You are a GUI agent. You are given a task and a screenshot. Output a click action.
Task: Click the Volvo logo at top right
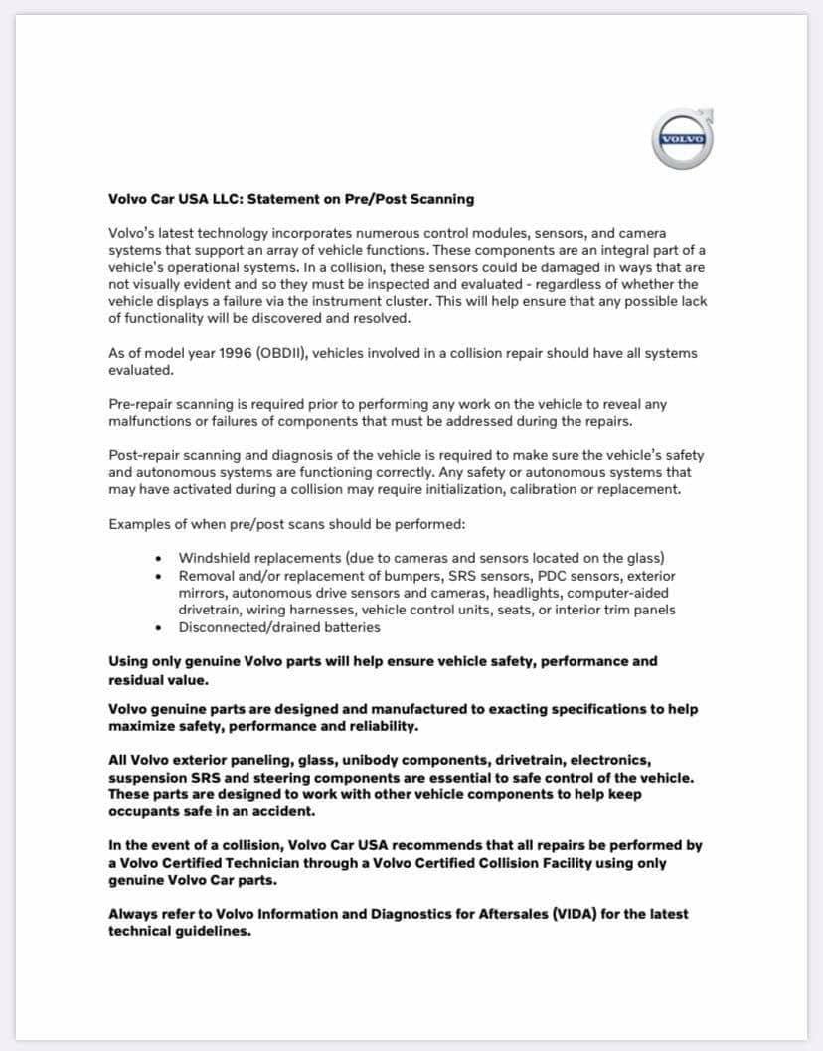[683, 139]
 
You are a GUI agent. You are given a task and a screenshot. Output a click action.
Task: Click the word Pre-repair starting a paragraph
[145, 404]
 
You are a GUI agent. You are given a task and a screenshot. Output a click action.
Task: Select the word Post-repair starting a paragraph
[148, 455]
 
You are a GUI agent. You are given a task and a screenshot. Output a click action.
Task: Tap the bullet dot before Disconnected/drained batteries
[160, 628]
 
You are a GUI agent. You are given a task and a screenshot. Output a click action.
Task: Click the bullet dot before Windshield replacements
[160, 559]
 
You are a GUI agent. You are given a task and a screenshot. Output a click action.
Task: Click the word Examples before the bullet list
[142, 524]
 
